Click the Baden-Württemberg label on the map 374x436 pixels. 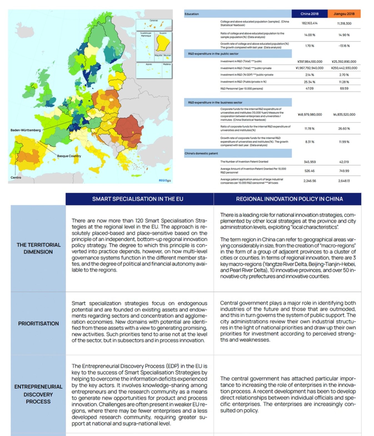26,130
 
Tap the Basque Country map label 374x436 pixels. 69,156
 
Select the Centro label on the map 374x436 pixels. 16,177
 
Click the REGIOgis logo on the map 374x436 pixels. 165,180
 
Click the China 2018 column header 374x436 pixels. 309,14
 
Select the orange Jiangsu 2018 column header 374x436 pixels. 344,14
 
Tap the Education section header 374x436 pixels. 192,14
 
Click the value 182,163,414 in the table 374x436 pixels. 309,23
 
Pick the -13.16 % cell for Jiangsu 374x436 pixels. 344,46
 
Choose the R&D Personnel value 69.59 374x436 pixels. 344,88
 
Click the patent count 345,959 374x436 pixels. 310,162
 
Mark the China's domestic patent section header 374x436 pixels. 201,153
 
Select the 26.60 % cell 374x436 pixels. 344,129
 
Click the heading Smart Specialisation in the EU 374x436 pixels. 138,199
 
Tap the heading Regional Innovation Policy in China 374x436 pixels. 289,199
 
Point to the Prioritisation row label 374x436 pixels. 38,324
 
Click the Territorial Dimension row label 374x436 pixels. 38,248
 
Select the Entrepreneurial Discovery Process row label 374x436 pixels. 38,394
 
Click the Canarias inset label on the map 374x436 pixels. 154,21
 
